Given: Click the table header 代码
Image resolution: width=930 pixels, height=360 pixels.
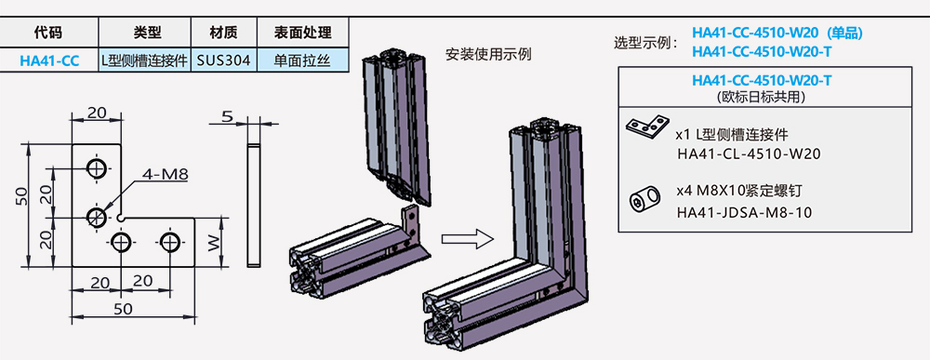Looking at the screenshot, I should coord(48,32).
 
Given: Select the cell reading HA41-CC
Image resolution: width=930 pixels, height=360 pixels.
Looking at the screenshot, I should coord(48,60).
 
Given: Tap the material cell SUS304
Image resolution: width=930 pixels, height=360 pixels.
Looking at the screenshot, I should coord(220,60).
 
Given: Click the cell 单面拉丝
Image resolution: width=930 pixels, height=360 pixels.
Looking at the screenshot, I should coord(302,60).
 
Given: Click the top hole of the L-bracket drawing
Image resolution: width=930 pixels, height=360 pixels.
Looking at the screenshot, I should coord(96,167).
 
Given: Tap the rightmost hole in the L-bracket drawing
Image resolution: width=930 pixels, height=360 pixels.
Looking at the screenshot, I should coord(169,242).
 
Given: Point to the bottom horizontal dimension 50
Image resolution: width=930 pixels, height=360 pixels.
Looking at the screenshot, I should coord(121,308).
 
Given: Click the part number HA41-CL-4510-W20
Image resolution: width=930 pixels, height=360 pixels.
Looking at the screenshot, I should coord(751,154).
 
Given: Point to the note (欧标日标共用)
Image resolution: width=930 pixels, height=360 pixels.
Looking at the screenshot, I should coord(762,96).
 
